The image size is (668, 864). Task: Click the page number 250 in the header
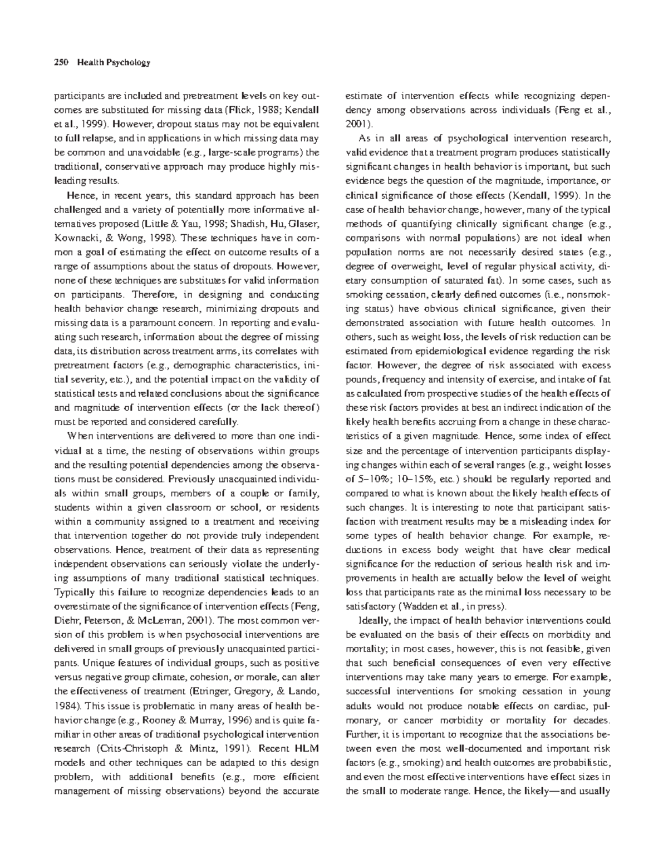(x=60, y=62)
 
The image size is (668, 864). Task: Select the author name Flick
(x=234, y=109)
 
